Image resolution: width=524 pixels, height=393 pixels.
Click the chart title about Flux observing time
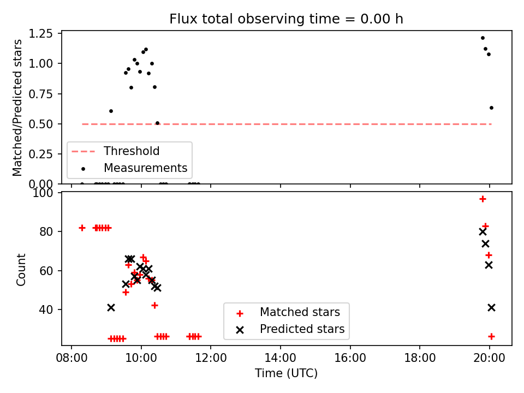click(x=286, y=19)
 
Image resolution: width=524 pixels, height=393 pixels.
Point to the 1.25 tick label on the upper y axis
click(x=41, y=34)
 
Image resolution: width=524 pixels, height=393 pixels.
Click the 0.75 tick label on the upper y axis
click(x=41, y=94)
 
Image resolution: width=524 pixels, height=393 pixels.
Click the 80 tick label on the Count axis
click(x=46, y=231)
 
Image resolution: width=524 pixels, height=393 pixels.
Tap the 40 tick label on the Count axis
click(x=46, y=310)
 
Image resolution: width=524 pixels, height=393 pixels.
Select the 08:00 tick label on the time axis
click(x=72, y=358)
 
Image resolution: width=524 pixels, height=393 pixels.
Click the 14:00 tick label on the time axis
click(x=281, y=358)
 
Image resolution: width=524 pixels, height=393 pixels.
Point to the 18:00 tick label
click(x=420, y=358)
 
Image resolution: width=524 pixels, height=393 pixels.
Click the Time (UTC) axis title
click(x=286, y=373)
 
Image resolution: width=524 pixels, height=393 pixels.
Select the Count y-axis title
click(x=21, y=270)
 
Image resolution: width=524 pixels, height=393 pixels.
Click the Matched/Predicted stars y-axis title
click(x=17, y=108)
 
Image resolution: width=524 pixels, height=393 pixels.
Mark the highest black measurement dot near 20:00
click(x=483, y=38)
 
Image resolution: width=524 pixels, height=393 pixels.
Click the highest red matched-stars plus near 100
click(x=483, y=199)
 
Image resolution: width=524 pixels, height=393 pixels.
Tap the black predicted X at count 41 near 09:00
click(x=111, y=307)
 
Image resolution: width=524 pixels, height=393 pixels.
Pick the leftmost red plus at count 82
click(x=82, y=228)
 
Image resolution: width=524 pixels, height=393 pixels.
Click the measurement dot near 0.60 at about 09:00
click(x=111, y=111)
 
